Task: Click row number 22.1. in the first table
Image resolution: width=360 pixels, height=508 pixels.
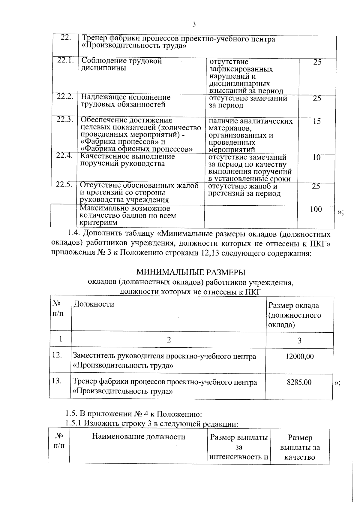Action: (x=66, y=60)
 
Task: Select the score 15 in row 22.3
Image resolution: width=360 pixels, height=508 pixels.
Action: (x=317, y=121)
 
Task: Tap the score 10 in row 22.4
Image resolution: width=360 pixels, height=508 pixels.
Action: (x=316, y=157)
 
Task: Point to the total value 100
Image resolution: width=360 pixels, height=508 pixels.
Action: (x=316, y=210)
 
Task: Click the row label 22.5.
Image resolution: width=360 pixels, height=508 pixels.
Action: (x=64, y=185)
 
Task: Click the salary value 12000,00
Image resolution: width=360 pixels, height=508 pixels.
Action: (x=299, y=356)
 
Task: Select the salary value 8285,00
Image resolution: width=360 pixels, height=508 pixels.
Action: (x=299, y=382)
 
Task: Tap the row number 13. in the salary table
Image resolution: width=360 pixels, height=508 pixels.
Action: (x=57, y=381)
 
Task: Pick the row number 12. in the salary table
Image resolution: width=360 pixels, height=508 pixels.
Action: (x=57, y=355)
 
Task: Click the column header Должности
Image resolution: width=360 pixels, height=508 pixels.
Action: (x=94, y=304)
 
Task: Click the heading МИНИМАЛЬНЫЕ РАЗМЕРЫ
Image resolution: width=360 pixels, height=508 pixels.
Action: (x=191, y=272)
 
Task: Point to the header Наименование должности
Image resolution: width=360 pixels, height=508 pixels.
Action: (x=138, y=437)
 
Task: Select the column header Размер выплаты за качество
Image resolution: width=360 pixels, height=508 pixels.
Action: (x=300, y=447)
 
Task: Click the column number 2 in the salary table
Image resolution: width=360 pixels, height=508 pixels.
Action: (x=169, y=340)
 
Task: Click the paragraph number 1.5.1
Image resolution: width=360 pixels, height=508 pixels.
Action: (x=74, y=423)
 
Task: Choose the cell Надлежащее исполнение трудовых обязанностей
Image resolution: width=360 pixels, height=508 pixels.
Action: (x=126, y=101)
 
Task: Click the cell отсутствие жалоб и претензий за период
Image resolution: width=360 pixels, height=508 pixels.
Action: (x=244, y=190)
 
